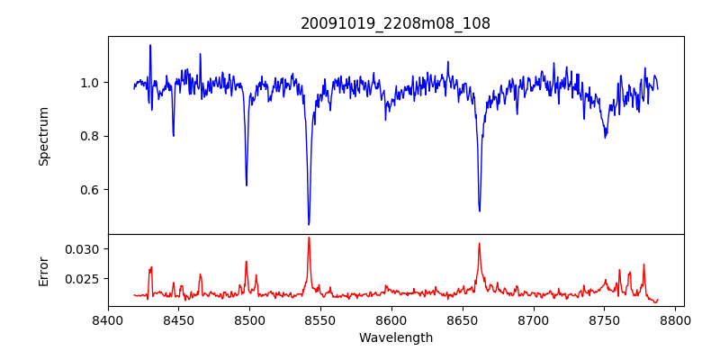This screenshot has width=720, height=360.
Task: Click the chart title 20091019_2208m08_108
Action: pos(395,23)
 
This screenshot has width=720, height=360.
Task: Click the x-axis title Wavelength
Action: pos(395,337)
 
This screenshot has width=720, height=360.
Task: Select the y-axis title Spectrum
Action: pos(43,136)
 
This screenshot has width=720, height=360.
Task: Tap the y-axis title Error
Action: pos(43,270)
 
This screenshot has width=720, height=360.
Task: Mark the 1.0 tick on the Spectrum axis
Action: pos(91,83)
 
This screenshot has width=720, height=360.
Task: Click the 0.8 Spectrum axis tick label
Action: pos(91,136)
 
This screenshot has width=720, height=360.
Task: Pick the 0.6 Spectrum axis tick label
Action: pos(91,189)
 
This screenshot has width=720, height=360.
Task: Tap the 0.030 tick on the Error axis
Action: pos(85,248)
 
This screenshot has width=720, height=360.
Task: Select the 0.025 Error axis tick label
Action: pos(85,279)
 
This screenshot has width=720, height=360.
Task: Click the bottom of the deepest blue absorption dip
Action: pos(309,224)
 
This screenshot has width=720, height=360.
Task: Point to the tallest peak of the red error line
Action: pos(309,238)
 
